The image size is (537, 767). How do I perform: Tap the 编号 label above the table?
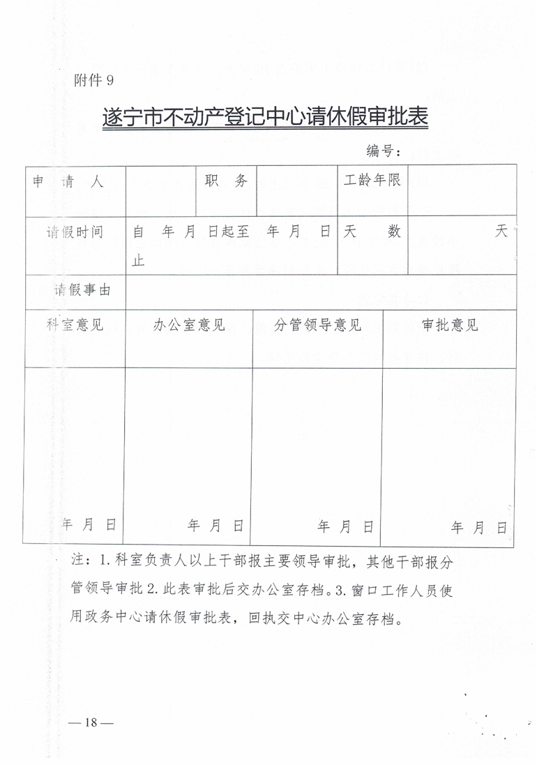pyautogui.click(x=383, y=151)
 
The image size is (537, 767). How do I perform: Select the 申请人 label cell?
pyautogui.click(x=68, y=183)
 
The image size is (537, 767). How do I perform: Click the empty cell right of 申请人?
pyautogui.click(x=161, y=190)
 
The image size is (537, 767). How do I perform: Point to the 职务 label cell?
pyautogui.click(x=226, y=181)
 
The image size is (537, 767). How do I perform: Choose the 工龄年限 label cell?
pyautogui.click(x=372, y=181)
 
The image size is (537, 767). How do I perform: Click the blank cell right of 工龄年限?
pyautogui.click(x=462, y=190)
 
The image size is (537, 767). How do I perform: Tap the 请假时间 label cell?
pyautogui.click(x=75, y=232)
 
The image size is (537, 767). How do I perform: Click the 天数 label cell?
pyautogui.click(x=372, y=233)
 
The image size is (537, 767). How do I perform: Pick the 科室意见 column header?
pyautogui.click(x=75, y=325)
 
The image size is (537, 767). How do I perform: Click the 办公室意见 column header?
pyautogui.click(x=189, y=326)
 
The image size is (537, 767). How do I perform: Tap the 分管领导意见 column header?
pyautogui.click(x=317, y=326)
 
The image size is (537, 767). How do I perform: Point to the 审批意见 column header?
pyautogui.click(x=450, y=326)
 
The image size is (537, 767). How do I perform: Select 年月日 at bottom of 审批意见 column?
pyautogui.click(x=478, y=528)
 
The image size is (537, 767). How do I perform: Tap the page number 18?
pyautogui.click(x=91, y=722)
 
